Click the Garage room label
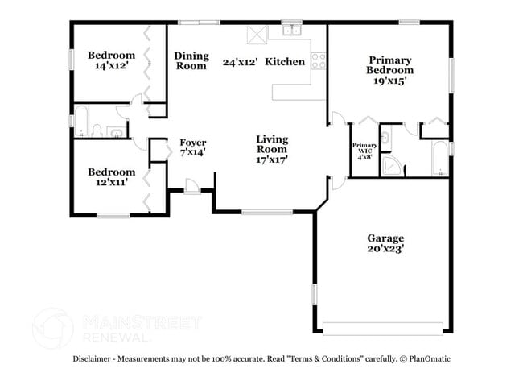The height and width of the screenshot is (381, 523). (385, 238)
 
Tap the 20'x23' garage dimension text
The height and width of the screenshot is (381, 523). (385, 250)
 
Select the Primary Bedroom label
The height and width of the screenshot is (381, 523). (389, 65)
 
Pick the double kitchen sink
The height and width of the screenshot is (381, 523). (291, 31)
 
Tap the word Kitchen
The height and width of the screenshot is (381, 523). (285, 61)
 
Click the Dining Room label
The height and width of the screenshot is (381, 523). (191, 61)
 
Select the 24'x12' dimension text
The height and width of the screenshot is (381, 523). (239, 61)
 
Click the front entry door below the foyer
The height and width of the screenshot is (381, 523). (193, 187)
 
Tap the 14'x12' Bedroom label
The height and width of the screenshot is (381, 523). (112, 60)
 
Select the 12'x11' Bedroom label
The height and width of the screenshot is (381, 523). (111, 176)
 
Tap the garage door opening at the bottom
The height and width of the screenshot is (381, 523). (383, 328)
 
